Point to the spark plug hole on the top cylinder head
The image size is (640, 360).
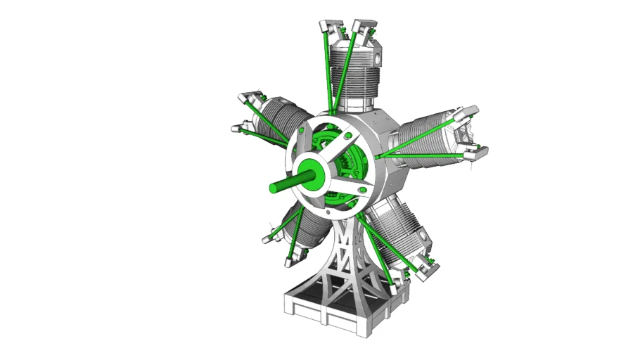click(x=376, y=52)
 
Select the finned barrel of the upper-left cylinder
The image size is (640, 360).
click(x=279, y=120)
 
